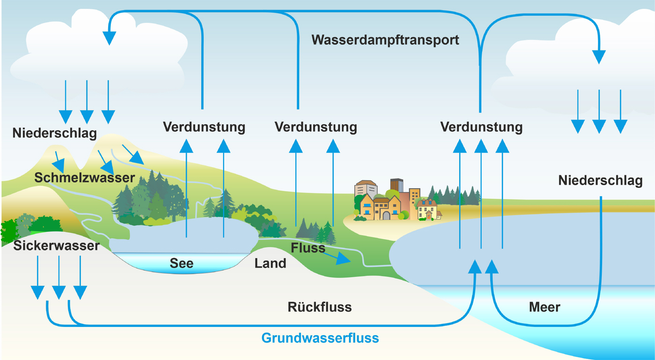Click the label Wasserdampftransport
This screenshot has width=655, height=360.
385,40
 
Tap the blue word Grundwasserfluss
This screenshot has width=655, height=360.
320,338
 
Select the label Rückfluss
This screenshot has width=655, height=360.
320,307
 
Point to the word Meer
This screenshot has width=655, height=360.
544,307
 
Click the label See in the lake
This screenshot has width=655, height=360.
181,263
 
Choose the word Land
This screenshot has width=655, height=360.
270,263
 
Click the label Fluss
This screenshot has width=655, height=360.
308,248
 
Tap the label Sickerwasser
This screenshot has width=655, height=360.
56,245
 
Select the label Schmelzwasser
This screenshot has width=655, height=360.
85,178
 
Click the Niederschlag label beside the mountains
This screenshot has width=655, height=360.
55,133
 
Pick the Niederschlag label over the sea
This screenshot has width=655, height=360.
600,180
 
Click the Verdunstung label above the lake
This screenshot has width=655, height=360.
204,127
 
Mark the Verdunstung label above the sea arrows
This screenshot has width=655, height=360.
481,127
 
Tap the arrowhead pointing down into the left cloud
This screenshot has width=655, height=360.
109,37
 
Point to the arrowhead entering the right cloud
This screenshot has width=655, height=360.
599,56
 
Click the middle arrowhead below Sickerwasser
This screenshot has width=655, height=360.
59,292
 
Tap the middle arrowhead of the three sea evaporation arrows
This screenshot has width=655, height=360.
481,146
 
